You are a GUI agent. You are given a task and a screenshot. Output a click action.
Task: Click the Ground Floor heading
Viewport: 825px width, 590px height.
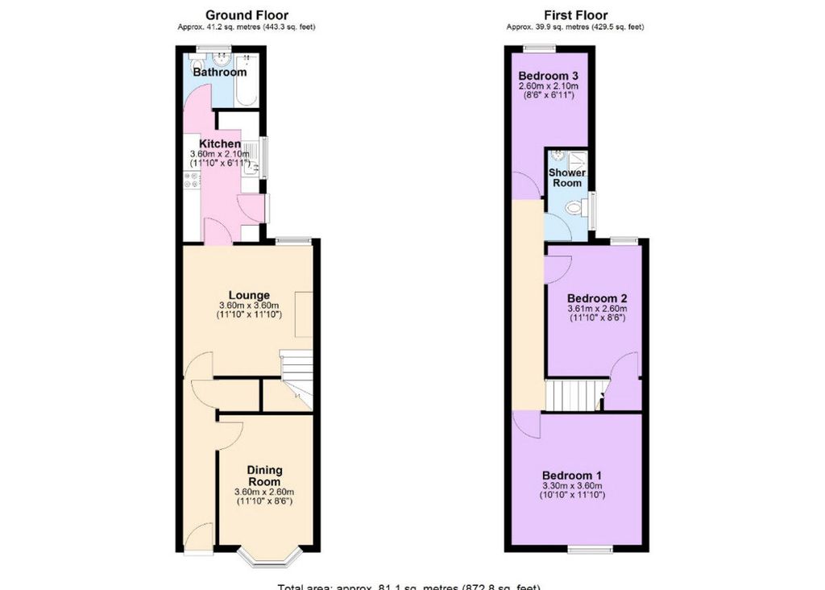[x=247, y=15]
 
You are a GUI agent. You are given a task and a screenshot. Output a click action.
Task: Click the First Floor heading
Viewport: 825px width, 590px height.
[x=575, y=15]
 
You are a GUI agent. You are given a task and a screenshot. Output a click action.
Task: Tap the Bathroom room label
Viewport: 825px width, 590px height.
[x=219, y=72]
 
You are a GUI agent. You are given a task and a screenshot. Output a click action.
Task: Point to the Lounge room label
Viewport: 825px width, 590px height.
[x=248, y=294]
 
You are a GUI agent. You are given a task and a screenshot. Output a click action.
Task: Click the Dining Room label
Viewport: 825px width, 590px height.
[x=263, y=476]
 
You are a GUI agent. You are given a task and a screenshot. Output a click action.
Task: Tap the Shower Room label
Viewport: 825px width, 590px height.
[x=567, y=177]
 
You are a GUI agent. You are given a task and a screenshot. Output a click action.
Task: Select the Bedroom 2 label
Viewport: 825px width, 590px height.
[x=596, y=297]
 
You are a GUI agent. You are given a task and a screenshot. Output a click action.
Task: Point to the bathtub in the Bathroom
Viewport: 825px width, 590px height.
[x=247, y=80]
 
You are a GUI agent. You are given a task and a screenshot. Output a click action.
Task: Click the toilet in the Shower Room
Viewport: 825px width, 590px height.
[x=575, y=208]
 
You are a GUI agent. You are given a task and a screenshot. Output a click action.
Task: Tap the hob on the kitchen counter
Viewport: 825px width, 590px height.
[x=193, y=185]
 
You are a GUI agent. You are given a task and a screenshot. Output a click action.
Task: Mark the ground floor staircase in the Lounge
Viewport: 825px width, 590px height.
[x=296, y=379]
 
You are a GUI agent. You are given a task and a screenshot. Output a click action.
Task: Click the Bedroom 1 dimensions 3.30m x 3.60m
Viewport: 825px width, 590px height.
[x=571, y=485]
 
